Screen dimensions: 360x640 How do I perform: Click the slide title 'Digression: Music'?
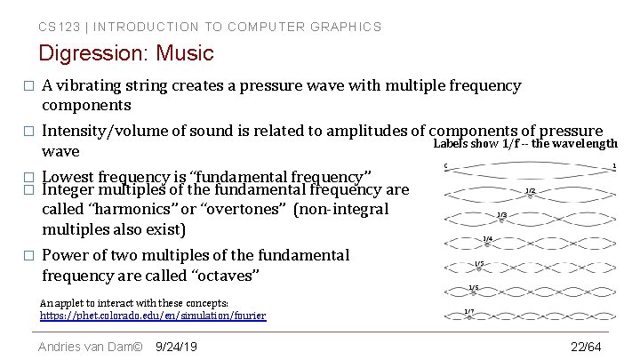click(126, 53)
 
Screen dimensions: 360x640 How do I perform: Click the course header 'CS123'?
click(56, 27)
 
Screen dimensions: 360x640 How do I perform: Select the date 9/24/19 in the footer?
click(176, 346)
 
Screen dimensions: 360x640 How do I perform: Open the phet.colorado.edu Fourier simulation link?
click(153, 316)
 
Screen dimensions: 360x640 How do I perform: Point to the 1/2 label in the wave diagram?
click(530, 190)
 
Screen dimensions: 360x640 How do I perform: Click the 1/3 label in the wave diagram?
click(502, 214)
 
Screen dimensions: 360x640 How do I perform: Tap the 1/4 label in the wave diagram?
click(487, 238)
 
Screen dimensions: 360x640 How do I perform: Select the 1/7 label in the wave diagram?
click(469, 311)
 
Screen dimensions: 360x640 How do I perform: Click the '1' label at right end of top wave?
click(614, 165)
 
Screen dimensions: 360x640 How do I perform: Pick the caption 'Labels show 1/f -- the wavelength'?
click(524, 144)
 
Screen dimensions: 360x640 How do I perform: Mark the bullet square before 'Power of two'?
click(28, 256)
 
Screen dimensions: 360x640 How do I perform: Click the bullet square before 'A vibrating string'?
click(28, 87)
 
